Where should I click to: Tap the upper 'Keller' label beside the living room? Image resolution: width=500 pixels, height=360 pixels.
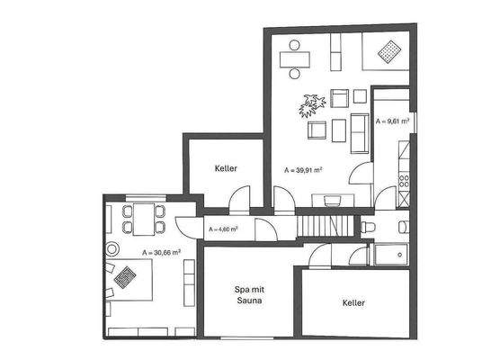[226, 169]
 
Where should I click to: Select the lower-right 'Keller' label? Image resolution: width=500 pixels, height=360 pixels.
[353, 303]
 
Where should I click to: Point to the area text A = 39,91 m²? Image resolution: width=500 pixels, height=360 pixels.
[303, 169]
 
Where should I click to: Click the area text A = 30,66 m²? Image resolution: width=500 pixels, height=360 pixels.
[162, 253]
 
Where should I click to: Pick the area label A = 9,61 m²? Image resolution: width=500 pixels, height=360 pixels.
[392, 120]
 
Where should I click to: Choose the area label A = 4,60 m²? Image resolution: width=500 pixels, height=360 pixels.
[222, 229]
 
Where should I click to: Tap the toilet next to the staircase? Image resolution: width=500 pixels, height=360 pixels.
[369, 229]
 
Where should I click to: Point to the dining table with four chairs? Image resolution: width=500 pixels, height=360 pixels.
[144, 216]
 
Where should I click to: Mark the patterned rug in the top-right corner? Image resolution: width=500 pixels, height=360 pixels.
[388, 52]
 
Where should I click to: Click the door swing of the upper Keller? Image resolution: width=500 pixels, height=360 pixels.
[238, 200]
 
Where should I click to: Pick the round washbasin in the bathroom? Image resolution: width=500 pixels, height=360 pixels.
[403, 227]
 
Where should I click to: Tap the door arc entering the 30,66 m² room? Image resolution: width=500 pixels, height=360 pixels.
[184, 230]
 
